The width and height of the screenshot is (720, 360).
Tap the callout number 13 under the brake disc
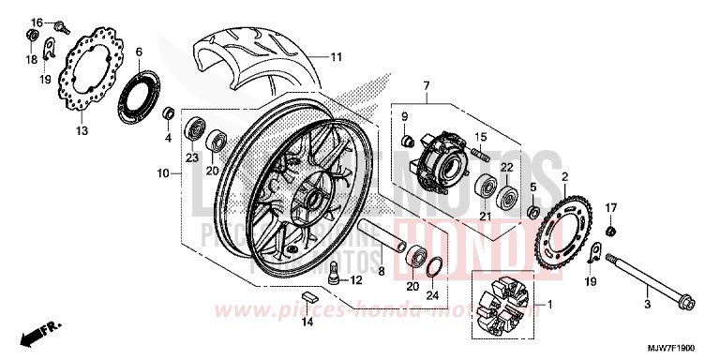[x=81, y=130]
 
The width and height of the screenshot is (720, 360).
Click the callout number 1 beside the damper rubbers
[x=549, y=305]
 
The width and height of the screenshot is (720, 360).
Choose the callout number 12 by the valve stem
[x=357, y=280]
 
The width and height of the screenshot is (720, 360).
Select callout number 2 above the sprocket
[x=592, y=176]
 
